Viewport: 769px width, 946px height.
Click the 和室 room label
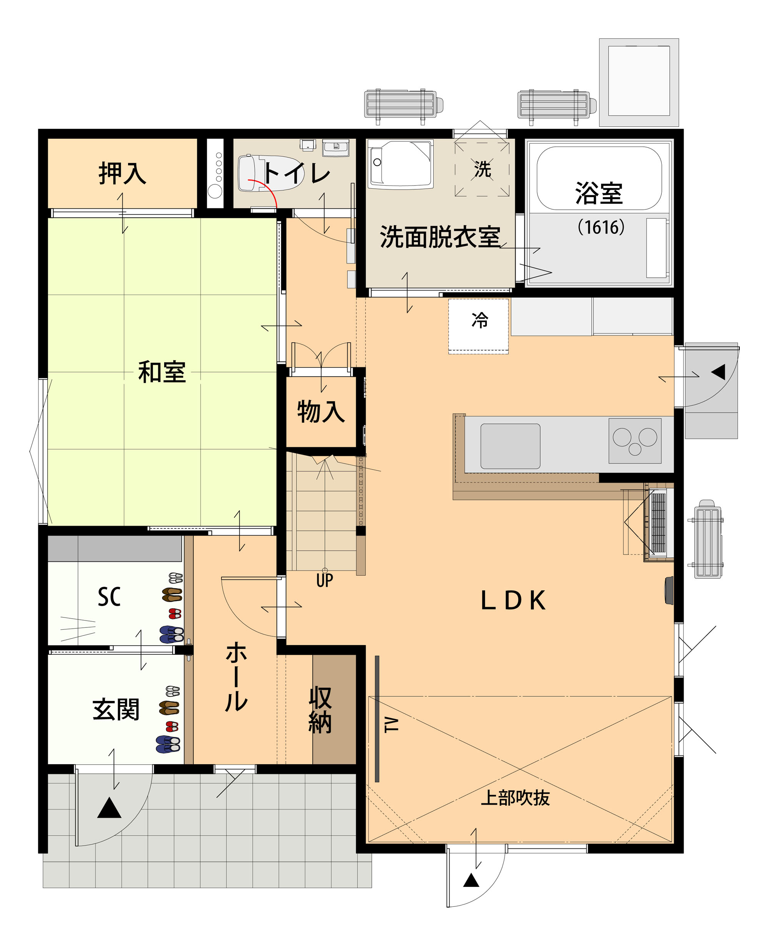162,372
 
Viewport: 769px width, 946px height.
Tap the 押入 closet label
122,173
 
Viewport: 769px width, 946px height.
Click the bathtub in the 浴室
599,178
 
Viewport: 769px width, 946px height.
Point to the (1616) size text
601,227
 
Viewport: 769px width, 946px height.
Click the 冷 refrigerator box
478,326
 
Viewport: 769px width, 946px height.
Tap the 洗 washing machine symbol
482,169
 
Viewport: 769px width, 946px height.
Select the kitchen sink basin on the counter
510,446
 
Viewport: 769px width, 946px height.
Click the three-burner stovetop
635,441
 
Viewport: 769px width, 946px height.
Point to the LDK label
513,601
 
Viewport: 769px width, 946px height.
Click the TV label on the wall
391,725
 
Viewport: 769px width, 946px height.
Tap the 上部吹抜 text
515,798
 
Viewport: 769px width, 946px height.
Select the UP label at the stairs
325,580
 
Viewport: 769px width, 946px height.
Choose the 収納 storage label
320,710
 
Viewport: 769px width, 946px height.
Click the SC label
109,597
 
